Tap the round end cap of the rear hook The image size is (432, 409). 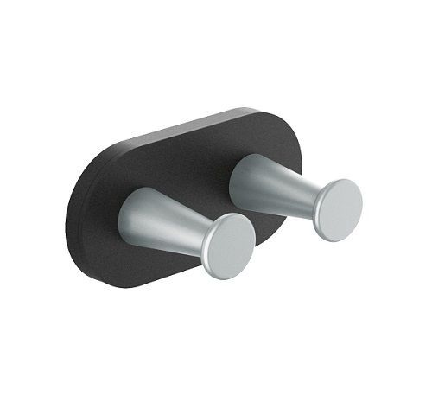(338, 210)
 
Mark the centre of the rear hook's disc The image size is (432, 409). (338, 210)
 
